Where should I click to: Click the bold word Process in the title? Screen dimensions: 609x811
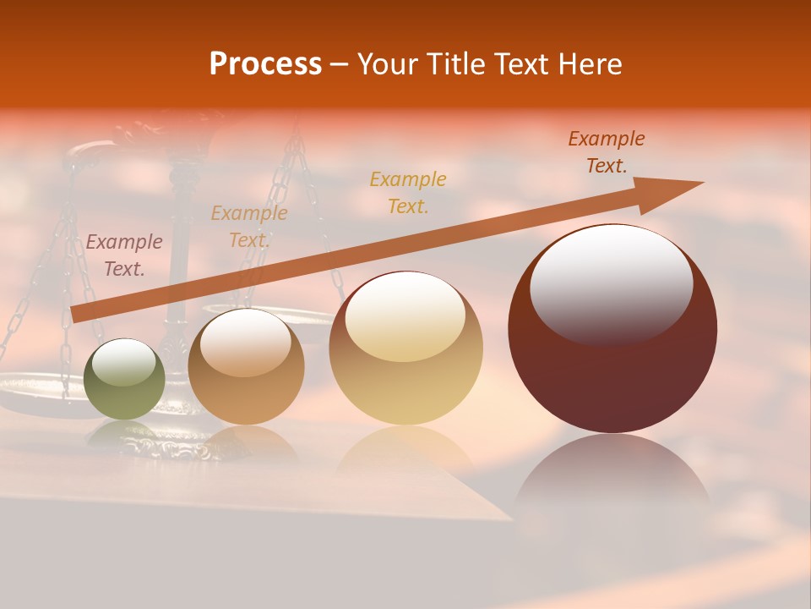265,63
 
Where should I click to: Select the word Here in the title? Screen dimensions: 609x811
590,63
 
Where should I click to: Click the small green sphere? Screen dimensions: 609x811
124,381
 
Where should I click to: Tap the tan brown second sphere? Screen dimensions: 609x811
246,372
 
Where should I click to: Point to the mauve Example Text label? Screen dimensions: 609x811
124,255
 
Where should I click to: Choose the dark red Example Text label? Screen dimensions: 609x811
607,152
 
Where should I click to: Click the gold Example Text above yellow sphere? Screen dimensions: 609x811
408,192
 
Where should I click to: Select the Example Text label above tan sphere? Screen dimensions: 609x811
249,227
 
